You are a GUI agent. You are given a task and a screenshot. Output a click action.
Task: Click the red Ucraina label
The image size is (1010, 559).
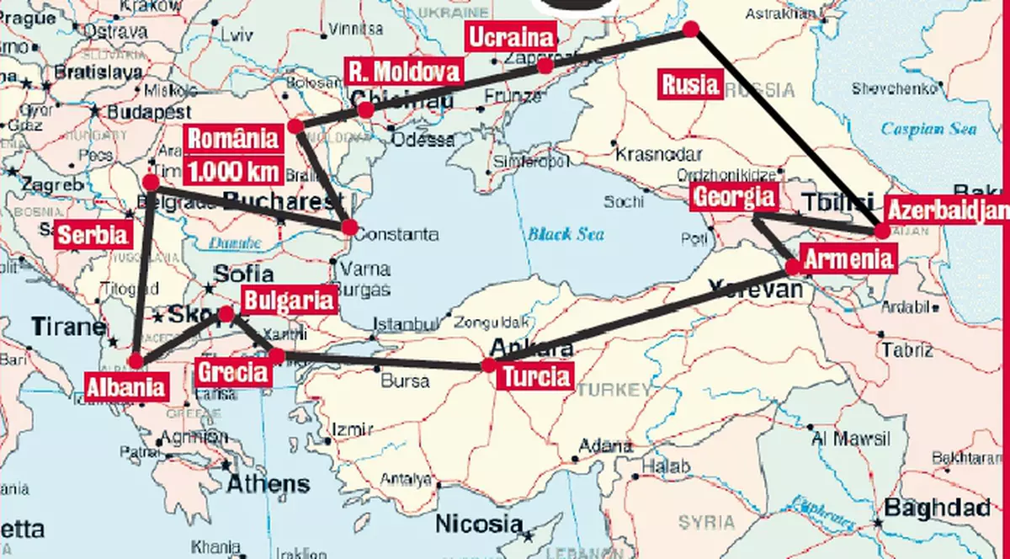coord(511,38)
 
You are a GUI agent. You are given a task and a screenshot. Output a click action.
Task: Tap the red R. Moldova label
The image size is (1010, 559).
coord(405,71)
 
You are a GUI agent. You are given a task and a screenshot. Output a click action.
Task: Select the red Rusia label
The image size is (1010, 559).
coord(690,84)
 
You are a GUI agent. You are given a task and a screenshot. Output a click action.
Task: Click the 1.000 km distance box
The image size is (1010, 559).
coord(233,170)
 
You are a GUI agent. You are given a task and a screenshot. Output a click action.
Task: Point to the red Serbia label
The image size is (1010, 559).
coord(93,235)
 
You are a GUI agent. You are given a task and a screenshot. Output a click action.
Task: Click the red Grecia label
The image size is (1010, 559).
coord(232,371)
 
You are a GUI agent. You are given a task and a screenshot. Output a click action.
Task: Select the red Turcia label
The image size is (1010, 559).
coord(536,375)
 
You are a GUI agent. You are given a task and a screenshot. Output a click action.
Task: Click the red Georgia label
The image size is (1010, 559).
coord(733,198)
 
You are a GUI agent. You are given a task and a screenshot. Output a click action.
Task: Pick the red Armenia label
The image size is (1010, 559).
coord(847,258)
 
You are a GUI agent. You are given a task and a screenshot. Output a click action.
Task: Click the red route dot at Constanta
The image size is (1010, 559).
coord(349,227)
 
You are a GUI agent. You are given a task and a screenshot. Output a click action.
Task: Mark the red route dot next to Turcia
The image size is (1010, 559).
coord(488,365)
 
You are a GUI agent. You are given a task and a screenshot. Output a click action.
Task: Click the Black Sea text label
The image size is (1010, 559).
coord(566,234)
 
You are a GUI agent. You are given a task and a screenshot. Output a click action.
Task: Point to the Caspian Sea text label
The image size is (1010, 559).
coord(928,129)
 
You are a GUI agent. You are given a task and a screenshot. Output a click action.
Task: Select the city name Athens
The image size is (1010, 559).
coord(268,484)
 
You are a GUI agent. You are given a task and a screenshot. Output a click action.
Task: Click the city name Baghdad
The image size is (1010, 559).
coord(936,508)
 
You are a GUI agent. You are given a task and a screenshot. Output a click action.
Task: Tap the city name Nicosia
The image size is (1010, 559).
coord(479,524)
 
